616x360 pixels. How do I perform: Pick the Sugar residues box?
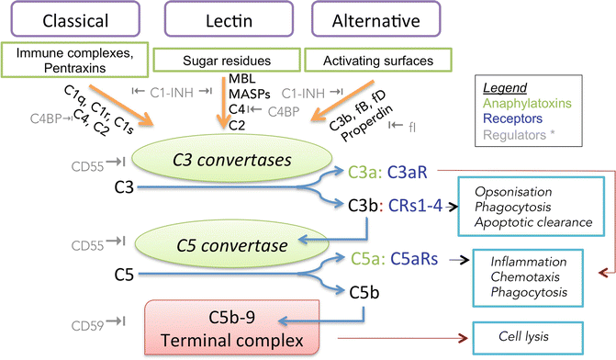(x=224, y=59)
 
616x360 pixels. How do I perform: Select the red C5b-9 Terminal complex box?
(x=226, y=335)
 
